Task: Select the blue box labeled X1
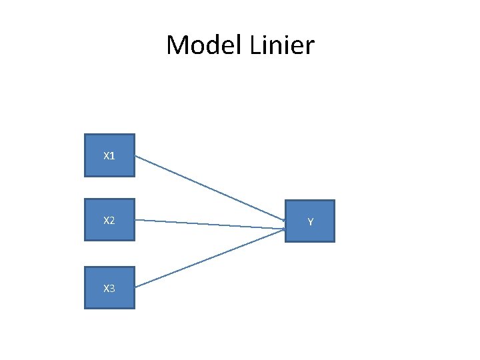tap(109, 155)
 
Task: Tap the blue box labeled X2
tap(109, 219)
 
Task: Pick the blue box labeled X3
tap(109, 287)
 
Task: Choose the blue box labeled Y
tap(310, 221)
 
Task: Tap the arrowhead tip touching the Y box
tap(285, 229)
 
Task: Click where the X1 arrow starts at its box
tap(137, 157)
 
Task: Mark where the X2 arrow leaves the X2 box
tap(137, 220)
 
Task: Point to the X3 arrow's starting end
tap(137, 287)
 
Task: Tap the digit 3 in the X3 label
tap(112, 288)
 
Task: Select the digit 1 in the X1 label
tap(112, 156)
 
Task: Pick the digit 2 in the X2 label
tap(112, 220)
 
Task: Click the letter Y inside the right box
tap(311, 221)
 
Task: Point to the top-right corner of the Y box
tap(334, 201)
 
